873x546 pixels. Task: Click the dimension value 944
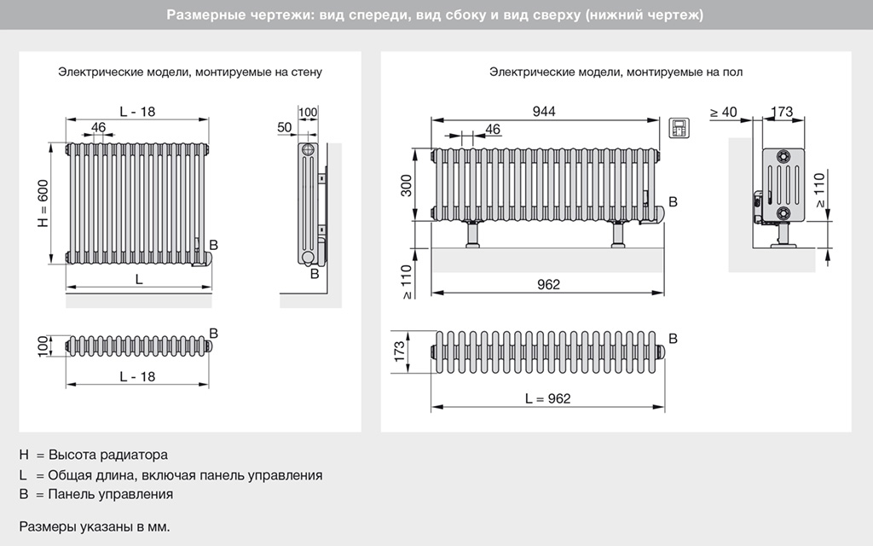pos(544,112)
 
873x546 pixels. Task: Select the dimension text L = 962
pos(547,398)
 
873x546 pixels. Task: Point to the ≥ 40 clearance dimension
pos(723,112)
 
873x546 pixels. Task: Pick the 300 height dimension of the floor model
pos(407,185)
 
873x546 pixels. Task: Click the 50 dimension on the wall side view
pos(285,127)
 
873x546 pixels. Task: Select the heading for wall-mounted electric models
pos(190,73)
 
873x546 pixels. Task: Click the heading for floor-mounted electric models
pos(616,73)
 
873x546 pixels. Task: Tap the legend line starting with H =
pos(94,455)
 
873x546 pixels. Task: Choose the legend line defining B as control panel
pos(95,494)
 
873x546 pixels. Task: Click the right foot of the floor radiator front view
pos(618,234)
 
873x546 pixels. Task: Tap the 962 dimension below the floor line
pos(549,284)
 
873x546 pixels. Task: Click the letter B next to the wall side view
pos(315,273)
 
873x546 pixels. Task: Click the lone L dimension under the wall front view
pos(138,280)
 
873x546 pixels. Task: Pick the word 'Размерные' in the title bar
pos(197,15)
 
